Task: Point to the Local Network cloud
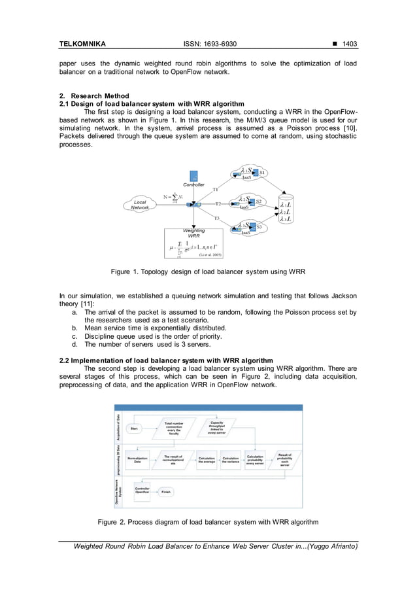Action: tap(139, 205)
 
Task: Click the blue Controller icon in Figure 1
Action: tap(193, 176)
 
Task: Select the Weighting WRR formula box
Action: tap(194, 243)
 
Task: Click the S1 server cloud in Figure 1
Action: tap(252, 173)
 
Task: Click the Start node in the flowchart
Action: tap(135, 428)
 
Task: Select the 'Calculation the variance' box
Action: tap(231, 460)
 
